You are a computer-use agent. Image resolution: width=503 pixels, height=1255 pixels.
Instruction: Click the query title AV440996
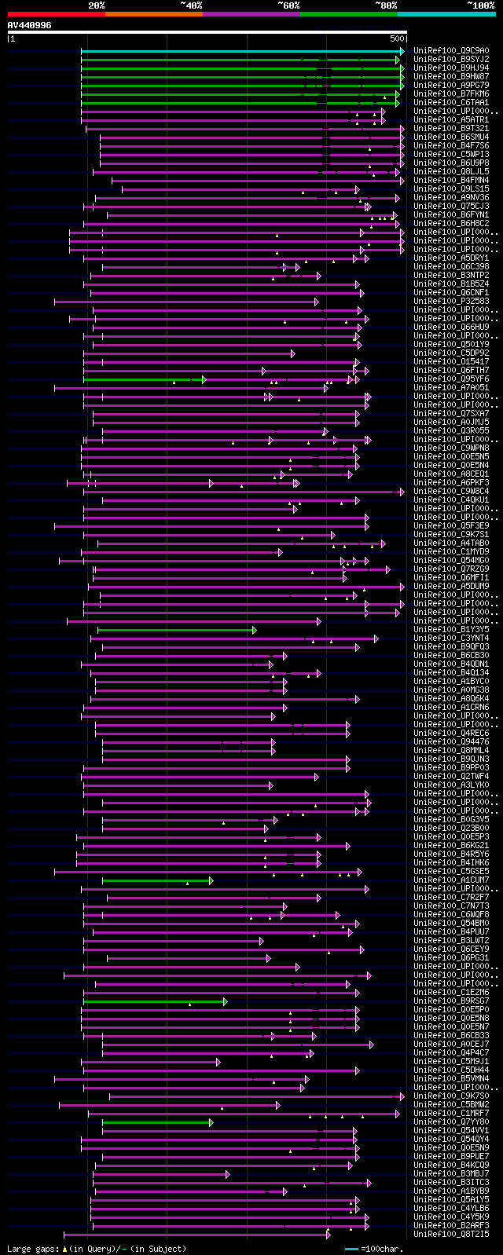[30, 25]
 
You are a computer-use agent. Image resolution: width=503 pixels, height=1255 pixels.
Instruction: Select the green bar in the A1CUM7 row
[157, 880]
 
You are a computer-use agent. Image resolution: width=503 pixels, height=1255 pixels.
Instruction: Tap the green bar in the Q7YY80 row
[157, 1122]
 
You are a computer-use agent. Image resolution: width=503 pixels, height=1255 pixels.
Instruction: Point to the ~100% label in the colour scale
[480, 5]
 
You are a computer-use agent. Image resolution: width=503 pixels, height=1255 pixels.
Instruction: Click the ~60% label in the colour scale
[288, 5]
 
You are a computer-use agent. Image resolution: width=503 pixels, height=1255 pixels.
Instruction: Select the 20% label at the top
[96, 5]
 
